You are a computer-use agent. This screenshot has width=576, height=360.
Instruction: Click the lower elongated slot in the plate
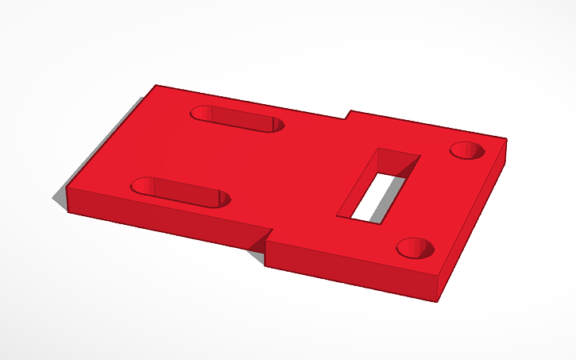point(180,192)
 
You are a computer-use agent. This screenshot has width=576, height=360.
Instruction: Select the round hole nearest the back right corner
point(467,149)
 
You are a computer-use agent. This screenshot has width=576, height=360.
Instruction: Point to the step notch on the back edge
point(348,115)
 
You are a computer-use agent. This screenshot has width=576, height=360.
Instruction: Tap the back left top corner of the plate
point(156,85)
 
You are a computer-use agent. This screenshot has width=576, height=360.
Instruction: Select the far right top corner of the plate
point(506,141)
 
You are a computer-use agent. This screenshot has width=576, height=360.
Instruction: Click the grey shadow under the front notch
point(257,254)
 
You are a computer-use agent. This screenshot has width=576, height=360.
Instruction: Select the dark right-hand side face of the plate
point(474,223)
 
